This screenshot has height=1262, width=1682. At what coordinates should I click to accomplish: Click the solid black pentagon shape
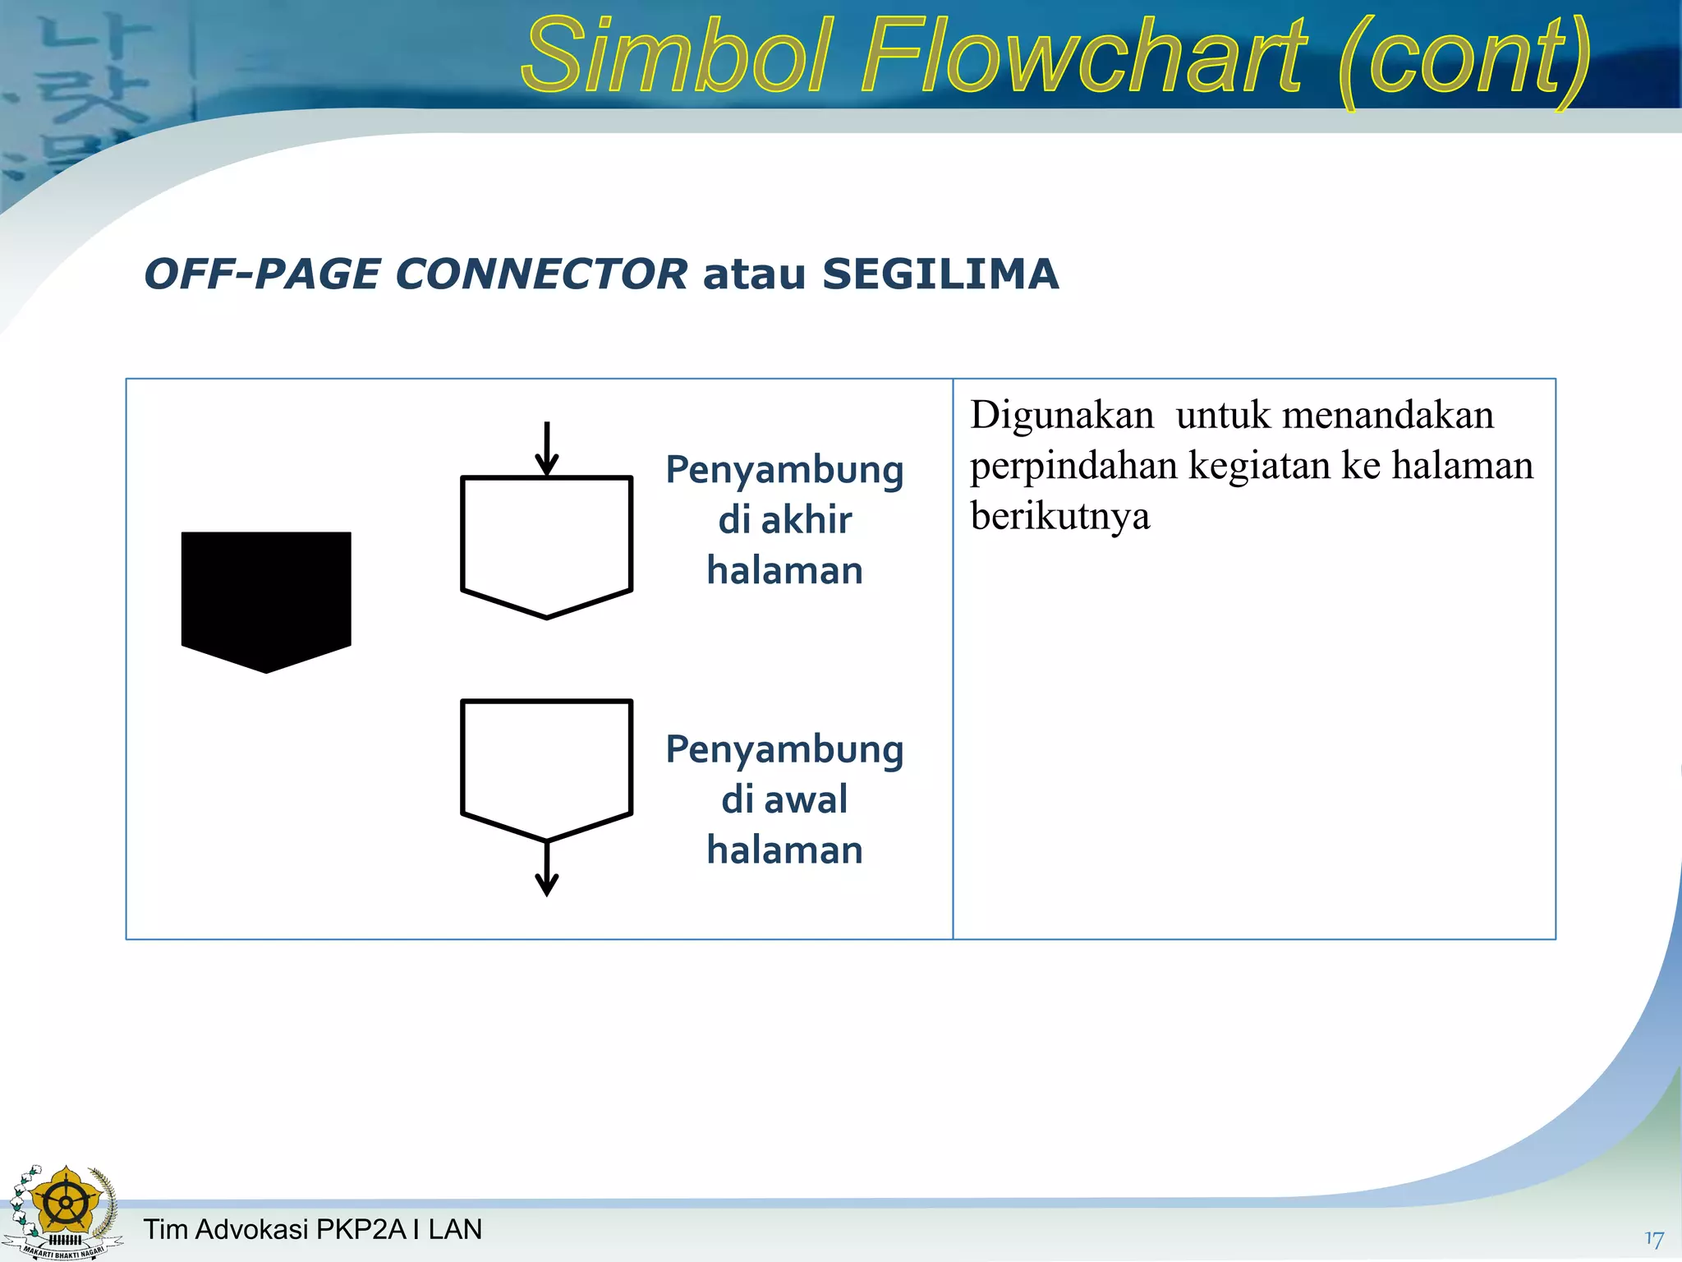tap(266, 596)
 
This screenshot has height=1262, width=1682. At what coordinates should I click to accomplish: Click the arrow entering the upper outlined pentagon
tap(547, 449)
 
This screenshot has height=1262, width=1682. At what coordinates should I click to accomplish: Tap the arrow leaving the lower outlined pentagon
tap(547, 869)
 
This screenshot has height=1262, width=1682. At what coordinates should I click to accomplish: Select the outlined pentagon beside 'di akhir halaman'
tap(547, 542)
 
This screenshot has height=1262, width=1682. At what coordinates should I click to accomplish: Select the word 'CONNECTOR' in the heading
tap(541, 274)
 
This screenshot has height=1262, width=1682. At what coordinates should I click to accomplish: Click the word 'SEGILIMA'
tap(940, 274)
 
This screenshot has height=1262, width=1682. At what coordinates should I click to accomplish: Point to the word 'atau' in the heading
tap(754, 274)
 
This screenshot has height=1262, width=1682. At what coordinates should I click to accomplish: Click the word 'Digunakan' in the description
tap(1062, 416)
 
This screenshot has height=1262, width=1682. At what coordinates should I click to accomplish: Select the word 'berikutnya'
tap(1060, 516)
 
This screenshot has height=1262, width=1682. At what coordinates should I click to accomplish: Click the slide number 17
tap(1654, 1239)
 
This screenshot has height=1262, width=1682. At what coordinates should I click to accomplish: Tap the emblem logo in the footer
tap(64, 1212)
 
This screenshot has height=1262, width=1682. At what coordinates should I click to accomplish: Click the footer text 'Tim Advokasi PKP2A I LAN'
tap(313, 1229)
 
